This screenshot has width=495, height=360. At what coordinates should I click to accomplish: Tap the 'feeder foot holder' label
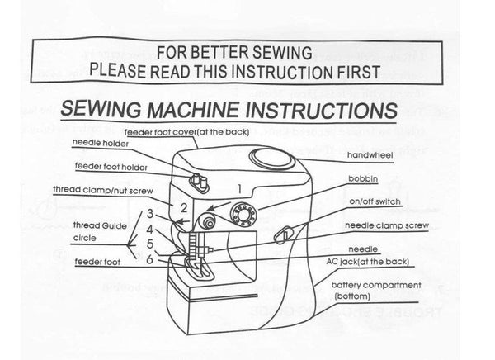pos(114,166)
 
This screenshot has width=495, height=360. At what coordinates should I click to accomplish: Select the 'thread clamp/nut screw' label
pos(115,190)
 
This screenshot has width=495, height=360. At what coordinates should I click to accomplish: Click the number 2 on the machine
pos(184,208)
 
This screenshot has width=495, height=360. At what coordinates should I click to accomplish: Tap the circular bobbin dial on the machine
pos(243,213)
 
